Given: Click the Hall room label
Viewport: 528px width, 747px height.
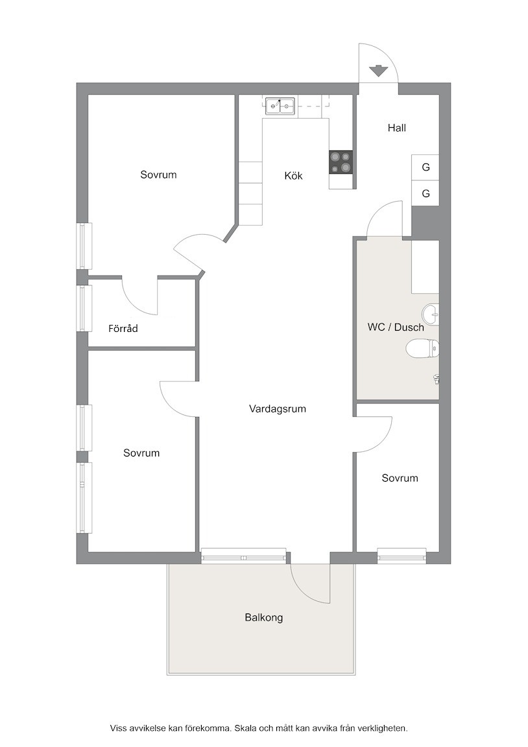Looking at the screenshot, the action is pos(396,128).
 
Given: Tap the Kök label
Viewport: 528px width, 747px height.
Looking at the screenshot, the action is pos(294,176).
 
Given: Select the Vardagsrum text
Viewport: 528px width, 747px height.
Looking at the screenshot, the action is pos(278,409).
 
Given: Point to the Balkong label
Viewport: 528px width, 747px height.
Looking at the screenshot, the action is pos(264,617).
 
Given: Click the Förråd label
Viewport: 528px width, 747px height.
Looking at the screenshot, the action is pos(123,328).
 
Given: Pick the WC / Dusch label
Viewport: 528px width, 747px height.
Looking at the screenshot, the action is pos(396,327).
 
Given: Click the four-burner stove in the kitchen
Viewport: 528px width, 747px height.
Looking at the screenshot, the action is pos(341,163).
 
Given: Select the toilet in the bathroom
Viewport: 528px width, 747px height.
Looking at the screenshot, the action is pos(422,348).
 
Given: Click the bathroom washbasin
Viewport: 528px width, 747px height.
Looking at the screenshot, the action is pos(430,313).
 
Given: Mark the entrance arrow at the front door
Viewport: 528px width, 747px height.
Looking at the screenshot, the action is pos(378,71).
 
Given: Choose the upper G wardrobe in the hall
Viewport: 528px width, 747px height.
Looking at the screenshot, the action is pos(425,167).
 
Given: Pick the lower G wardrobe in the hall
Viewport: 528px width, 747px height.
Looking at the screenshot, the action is pos(425,193).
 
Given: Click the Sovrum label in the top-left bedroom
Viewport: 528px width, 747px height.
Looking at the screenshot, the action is pos(158,175).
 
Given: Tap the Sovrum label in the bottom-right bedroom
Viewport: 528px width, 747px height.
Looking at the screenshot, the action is pos(400,478).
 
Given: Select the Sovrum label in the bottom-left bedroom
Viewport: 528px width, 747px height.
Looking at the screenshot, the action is pos(141,453).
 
